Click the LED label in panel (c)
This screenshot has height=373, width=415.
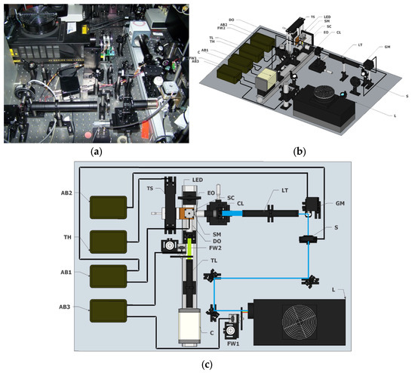click(x=199, y=179)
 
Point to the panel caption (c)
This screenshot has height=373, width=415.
click(x=207, y=365)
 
